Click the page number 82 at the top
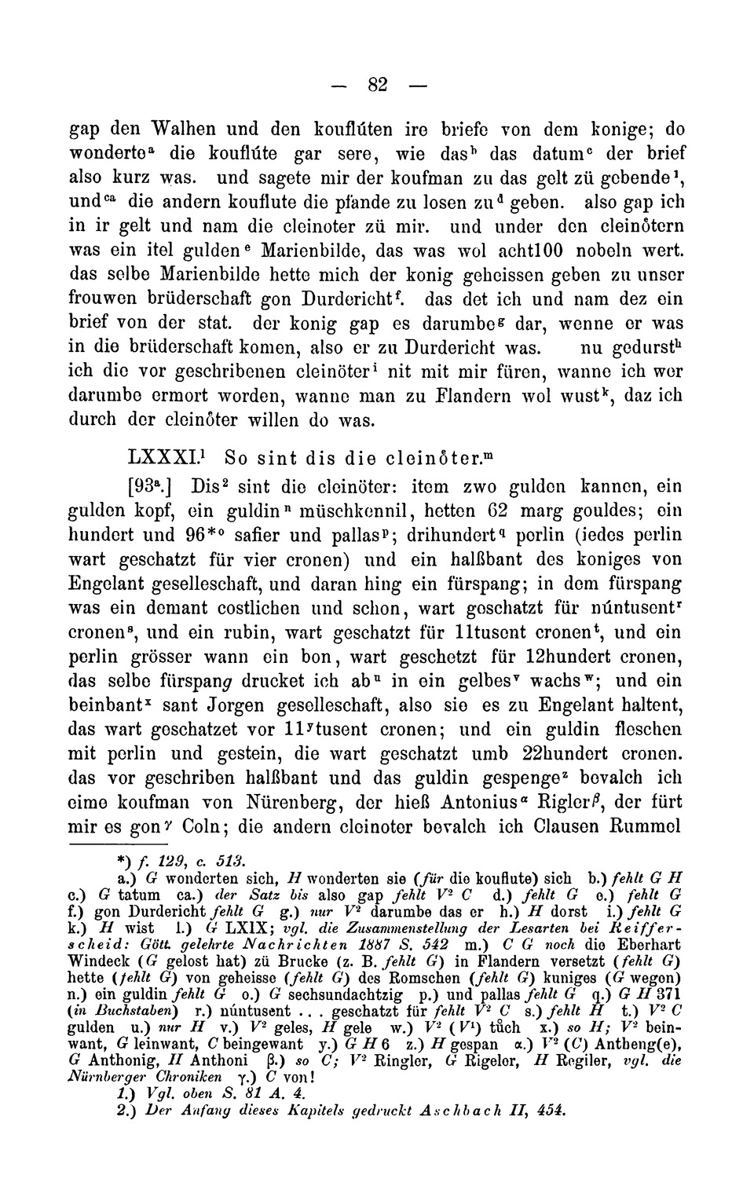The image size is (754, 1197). [379, 84]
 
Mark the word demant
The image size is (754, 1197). [199, 608]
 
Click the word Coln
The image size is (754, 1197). [201, 827]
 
